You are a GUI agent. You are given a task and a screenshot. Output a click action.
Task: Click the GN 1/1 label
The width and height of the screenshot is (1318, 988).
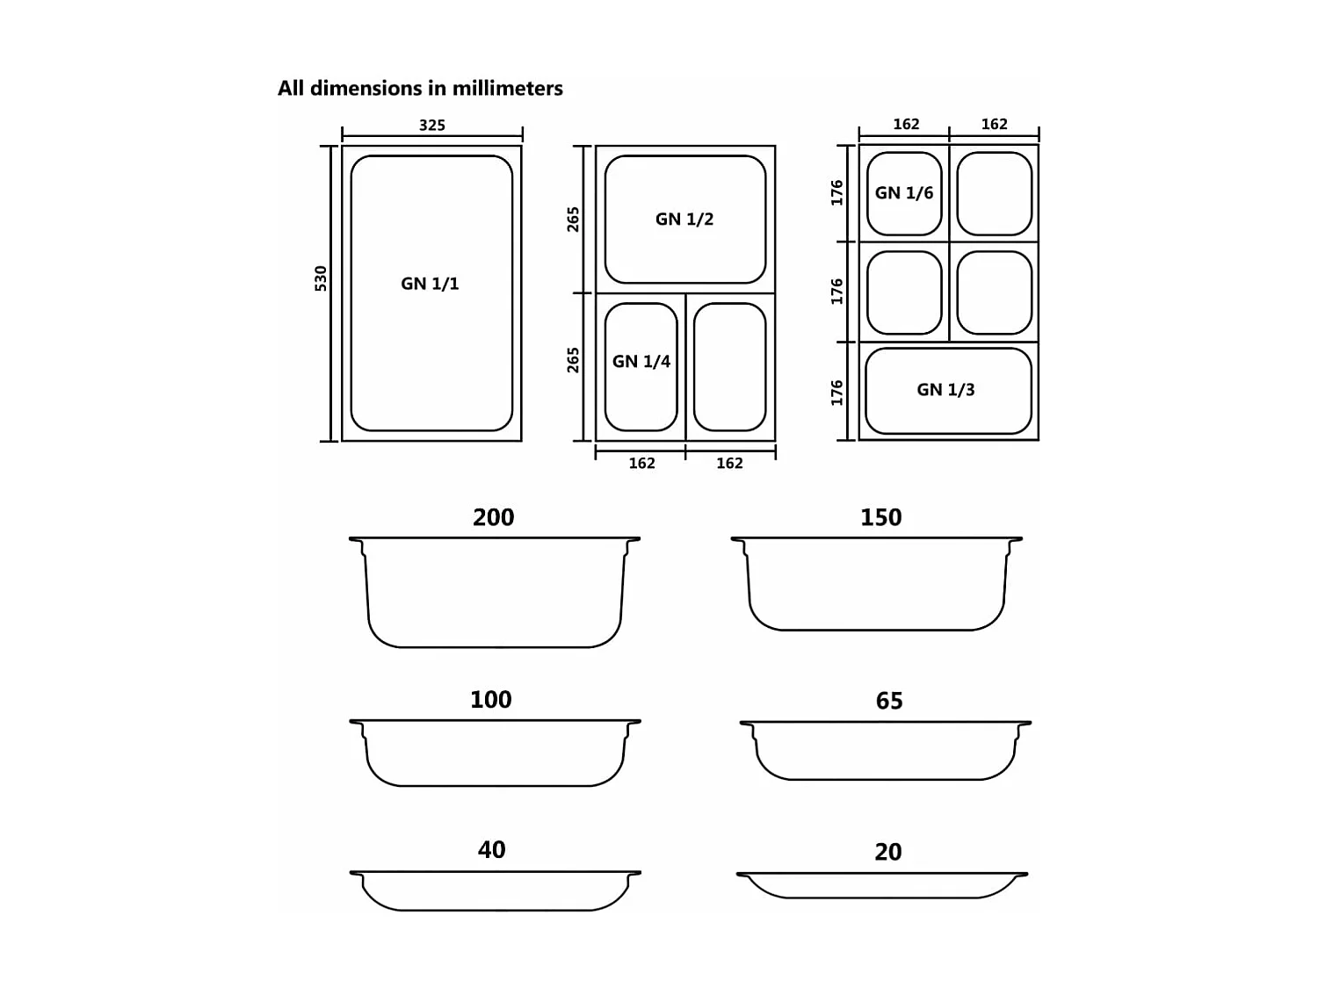click(x=430, y=284)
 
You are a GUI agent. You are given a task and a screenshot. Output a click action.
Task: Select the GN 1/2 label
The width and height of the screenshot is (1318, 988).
click(x=684, y=220)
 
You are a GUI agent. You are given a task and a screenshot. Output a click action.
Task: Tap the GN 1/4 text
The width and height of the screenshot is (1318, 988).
click(x=641, y=362)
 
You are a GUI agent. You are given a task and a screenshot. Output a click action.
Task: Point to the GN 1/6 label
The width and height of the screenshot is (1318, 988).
click(x=904, y=193)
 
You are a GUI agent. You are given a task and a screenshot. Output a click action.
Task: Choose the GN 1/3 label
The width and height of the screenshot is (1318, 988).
click(x=945, y=390)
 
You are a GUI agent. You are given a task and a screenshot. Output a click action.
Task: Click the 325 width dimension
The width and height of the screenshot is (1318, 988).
click(x=431, y=126)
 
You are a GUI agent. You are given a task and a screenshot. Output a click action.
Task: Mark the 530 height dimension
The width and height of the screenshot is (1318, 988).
click(x=321, y=278)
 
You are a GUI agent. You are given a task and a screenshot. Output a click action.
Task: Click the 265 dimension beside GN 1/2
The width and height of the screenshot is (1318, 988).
click(x=573, y=219)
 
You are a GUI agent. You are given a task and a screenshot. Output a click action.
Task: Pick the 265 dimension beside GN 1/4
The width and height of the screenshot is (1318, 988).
click(x=573, y=360)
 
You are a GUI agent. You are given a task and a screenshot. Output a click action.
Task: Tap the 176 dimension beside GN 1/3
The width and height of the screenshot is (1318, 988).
click(x=836, y=393)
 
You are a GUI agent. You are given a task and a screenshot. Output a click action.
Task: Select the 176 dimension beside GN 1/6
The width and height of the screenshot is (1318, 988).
click(x=836, y=192)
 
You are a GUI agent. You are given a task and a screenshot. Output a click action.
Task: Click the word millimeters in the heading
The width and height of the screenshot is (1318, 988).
click(x=507, y=89)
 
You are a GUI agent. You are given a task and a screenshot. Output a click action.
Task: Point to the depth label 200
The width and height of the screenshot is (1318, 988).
click(x=493, y=517)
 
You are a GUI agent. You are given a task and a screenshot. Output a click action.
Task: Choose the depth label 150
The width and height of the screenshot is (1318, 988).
click(x=880, y=517)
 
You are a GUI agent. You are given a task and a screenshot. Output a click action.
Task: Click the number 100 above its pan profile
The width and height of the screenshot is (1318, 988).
click(x=490, y=700)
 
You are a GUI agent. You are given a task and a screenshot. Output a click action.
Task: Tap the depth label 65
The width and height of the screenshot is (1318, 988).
click(x=888, y=701)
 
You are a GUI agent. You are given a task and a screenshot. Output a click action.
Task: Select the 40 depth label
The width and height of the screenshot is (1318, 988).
click(x=491, y=850)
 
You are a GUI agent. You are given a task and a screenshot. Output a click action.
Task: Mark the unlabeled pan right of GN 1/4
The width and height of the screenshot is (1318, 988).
click(x=730, y=367)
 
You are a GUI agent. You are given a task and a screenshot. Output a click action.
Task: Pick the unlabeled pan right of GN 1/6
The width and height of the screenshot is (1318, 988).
click(x=994, y=194)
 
